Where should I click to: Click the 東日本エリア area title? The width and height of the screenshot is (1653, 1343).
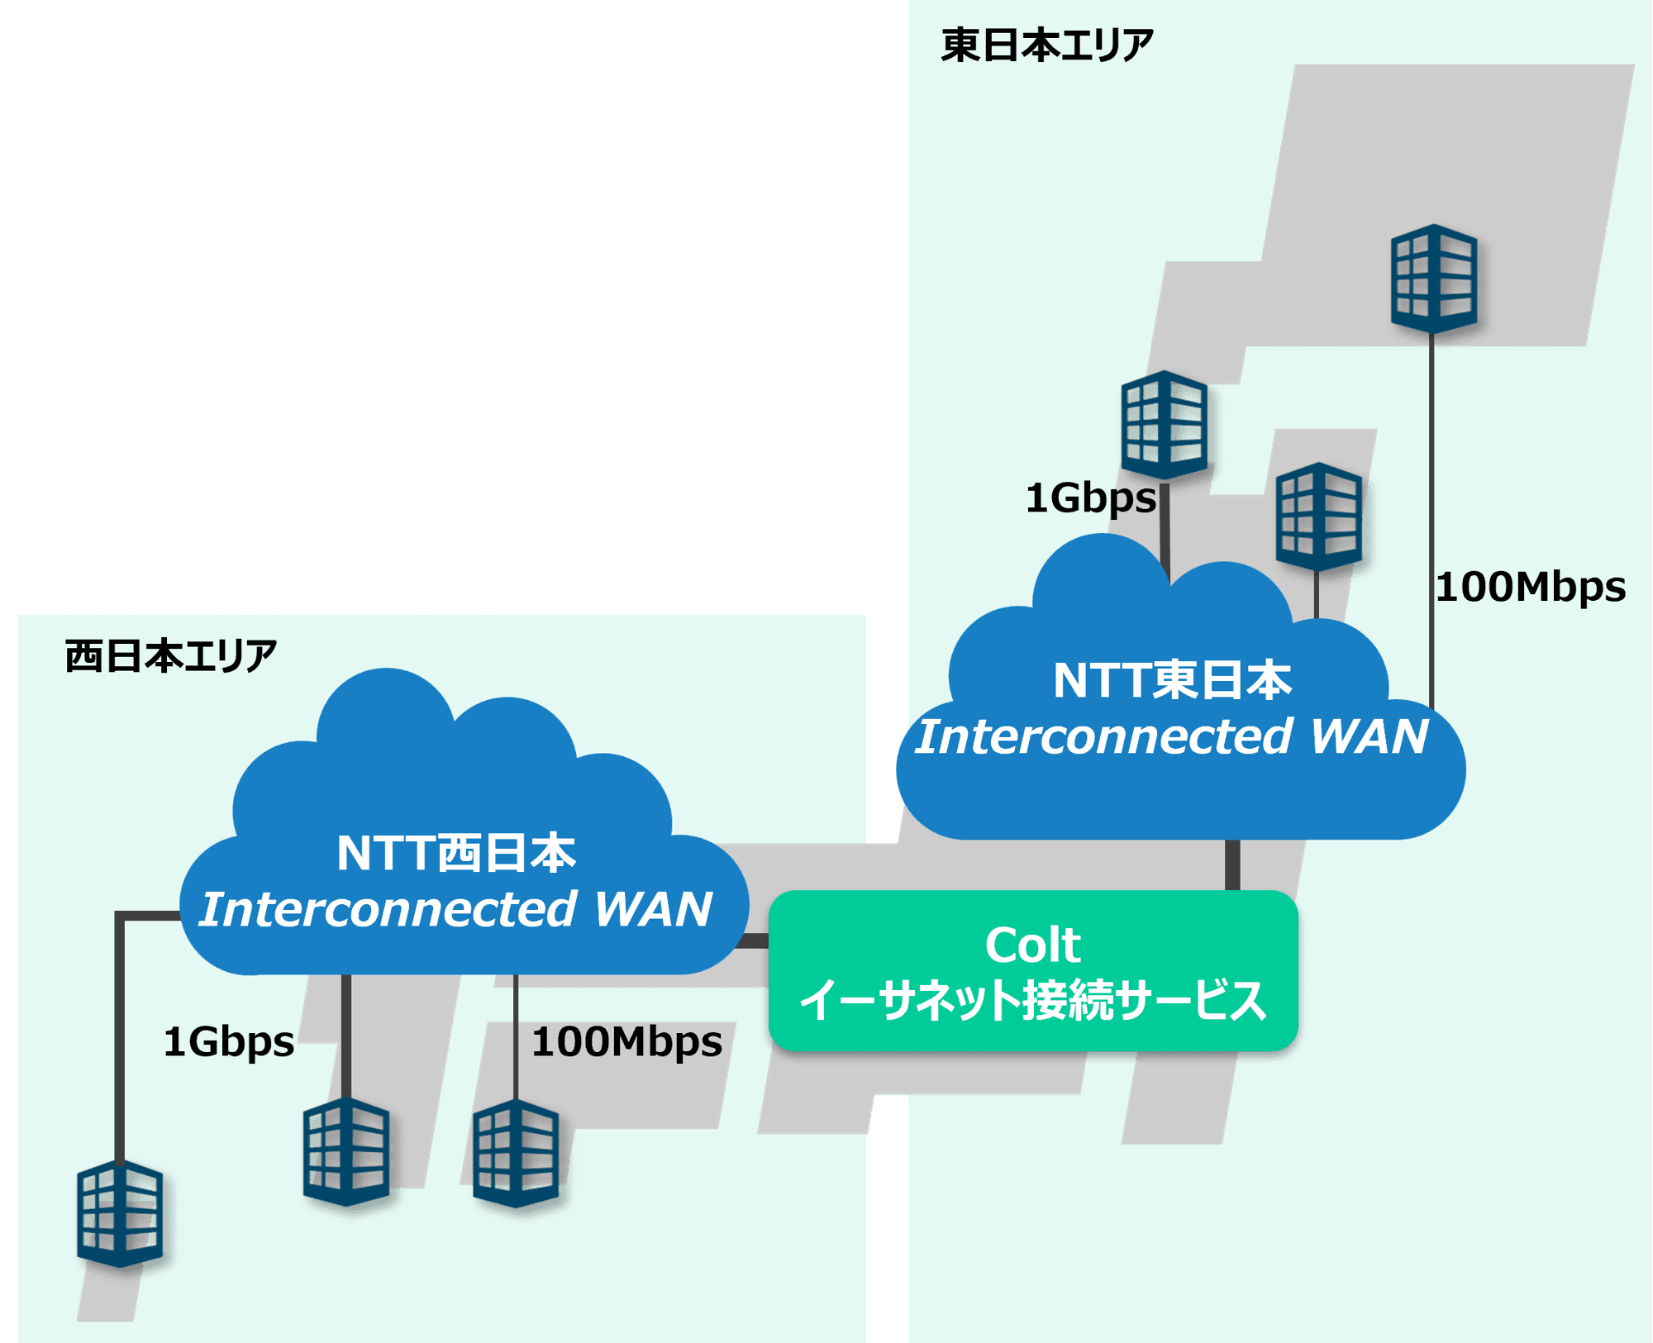click(1047, 45)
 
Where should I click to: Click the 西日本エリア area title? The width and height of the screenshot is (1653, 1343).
click(171, 656)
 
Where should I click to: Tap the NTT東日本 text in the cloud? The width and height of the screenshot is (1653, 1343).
click(1172, 680)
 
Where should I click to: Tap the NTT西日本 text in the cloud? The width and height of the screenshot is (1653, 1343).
click(456, 852)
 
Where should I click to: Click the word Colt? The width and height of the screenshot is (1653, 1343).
click(1033, 945)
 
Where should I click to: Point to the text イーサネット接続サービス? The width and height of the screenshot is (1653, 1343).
click(1033, 1000)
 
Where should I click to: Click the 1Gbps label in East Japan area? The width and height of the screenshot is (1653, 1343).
click(1090, 498)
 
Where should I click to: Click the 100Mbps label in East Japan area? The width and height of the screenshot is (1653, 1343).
click(1531, 587)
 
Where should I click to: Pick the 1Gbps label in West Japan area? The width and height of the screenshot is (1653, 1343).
click(229, 1041)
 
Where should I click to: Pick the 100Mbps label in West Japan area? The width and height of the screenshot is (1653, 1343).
click(626, 1041)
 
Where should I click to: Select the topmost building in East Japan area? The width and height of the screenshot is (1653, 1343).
click(1434, 278)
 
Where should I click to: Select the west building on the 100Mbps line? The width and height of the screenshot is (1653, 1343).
click(517, 1153)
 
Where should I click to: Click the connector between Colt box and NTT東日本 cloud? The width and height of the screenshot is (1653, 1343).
click(1232, 865)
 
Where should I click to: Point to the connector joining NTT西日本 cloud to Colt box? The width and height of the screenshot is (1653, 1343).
click(755, 941)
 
